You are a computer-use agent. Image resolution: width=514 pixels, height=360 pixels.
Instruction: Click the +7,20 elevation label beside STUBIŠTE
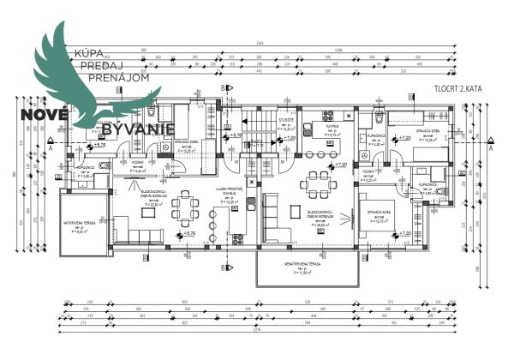click(289, 137)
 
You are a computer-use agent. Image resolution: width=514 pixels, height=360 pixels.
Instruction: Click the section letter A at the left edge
click(51, 148)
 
